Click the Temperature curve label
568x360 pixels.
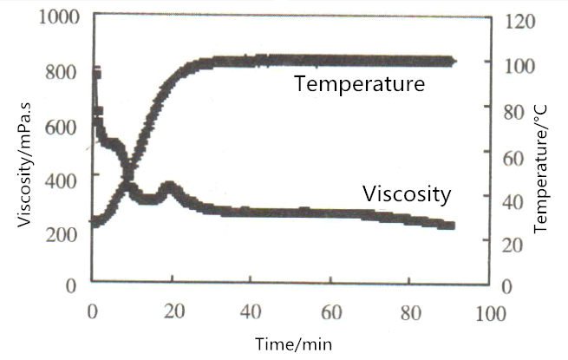[x=359, y=85]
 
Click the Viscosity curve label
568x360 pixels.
[x=407, y=193]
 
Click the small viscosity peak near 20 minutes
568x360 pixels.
[x=170, y=187]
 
